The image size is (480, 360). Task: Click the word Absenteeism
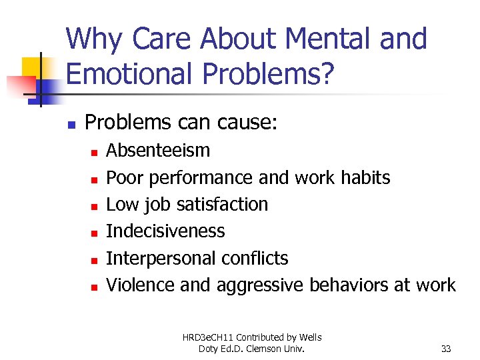coord(158,151)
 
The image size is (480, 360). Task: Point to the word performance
coord(201,178)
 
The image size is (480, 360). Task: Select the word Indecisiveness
coord(165,231)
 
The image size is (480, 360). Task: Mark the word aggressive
coord(261,285)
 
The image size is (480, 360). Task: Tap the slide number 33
coord(447,349)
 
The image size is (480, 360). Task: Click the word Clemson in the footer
coord(290,349)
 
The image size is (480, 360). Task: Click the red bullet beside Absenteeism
coord(95,153)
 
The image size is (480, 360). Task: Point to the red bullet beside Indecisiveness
coord(95,233)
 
